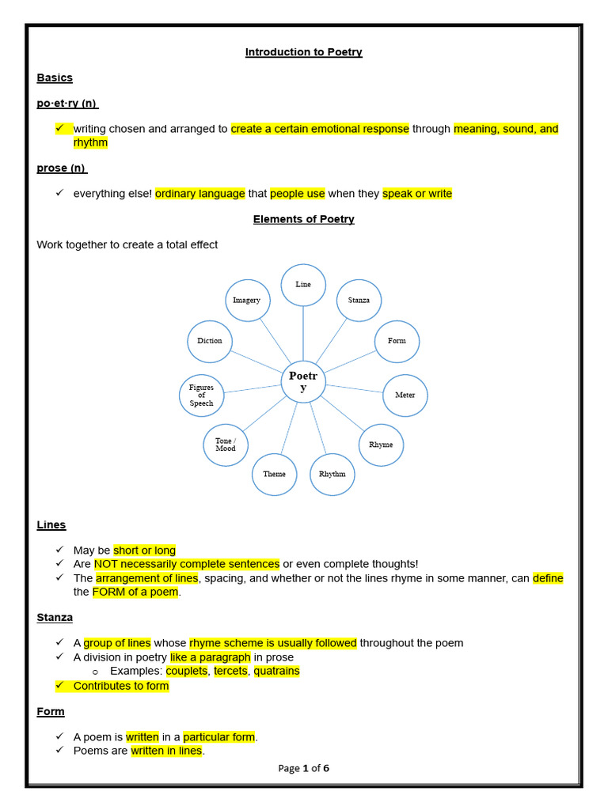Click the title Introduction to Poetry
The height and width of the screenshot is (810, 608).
(303, 52)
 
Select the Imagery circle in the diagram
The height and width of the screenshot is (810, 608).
(247, 300)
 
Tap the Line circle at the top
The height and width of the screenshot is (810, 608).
(303, 285)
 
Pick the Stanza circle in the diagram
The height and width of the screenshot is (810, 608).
(359, 300)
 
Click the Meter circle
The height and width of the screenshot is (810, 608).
(405, 395)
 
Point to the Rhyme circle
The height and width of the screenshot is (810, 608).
(381, 445)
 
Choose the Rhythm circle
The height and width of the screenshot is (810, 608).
(332, 474)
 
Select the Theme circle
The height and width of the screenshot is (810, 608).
(275, 474)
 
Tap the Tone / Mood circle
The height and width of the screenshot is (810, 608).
(226, 445)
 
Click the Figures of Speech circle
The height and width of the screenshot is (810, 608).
(202, 395)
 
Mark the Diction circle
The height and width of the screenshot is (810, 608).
(210, 341)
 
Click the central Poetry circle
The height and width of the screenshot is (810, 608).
(303, 381)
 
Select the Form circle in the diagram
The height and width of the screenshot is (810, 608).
(397, 341)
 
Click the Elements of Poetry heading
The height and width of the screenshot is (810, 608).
(303, 219)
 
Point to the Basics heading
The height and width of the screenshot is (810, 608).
(55, 78)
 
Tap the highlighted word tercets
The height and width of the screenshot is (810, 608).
(230, 671)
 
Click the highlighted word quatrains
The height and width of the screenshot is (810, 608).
(276, 671)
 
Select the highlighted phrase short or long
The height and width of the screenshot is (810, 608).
(144, 550)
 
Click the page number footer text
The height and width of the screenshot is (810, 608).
(303, 767)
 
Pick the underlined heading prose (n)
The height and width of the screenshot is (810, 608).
(62, 168)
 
